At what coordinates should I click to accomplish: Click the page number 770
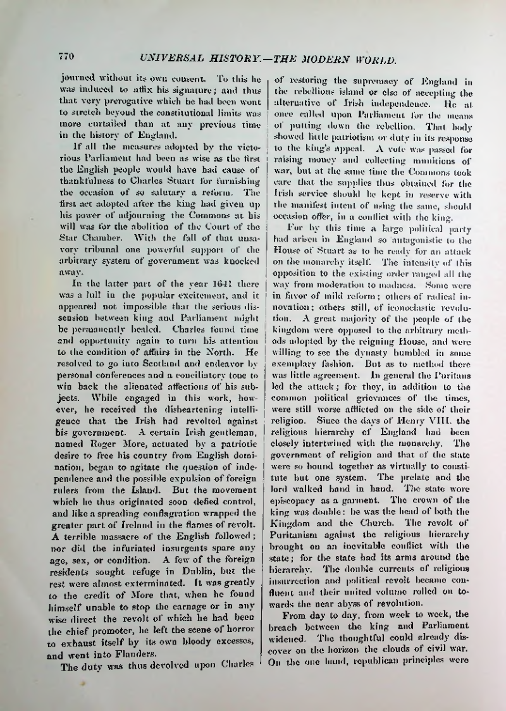[66, 56]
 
